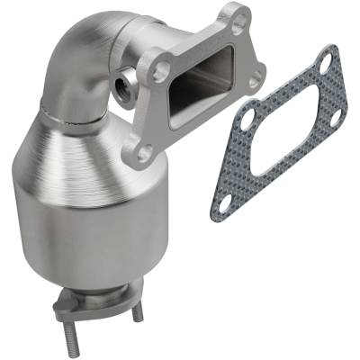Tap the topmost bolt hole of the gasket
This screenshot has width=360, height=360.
coord(325,61)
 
